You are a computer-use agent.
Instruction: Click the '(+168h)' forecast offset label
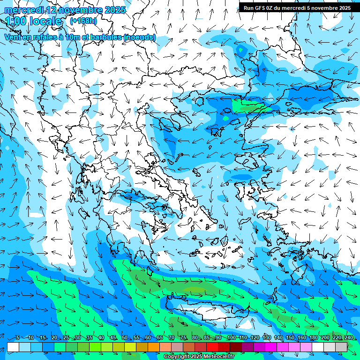[83, 21]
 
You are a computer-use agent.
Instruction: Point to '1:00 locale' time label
[34, 21]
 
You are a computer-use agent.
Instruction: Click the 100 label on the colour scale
[231, 337]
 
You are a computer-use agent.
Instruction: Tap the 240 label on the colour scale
[348, 337]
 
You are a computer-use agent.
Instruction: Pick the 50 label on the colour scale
[125, 337]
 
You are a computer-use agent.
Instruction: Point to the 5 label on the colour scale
[18, 337]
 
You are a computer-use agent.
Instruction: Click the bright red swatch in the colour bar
[212, 347]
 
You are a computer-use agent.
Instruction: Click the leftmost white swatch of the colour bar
[13, 347]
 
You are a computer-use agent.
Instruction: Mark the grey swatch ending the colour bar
[341, 347]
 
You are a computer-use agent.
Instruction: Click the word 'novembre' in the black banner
[323, 7]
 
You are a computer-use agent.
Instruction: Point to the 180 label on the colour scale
[313, 337]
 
